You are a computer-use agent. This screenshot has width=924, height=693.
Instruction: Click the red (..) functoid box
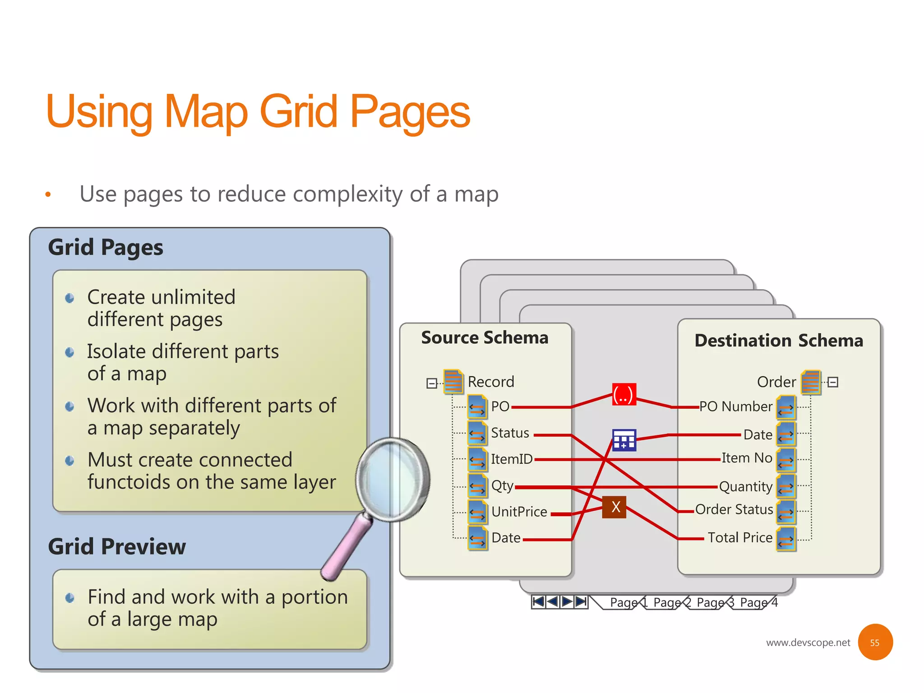[x=624, y=394]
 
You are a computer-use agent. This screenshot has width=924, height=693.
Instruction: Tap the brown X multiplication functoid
[x=614, y=507]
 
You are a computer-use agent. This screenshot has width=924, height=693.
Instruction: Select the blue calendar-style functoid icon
[x=624, y=440]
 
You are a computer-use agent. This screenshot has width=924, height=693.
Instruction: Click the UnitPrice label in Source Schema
[x=519, y=512]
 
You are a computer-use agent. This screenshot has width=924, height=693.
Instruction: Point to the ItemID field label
[x=511, y=459]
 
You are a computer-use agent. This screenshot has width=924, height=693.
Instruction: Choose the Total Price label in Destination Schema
[x=739, y=537]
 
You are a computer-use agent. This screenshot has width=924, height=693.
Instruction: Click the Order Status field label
[x=734, y=509]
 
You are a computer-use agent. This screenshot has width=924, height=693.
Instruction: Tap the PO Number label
[x=735, y=407]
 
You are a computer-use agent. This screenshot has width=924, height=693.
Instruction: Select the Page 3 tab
[x=715, y=603]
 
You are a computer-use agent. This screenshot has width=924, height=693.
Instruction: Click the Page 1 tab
[x=628, y=603]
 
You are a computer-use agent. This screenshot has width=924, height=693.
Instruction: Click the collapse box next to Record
[x=431, y=383]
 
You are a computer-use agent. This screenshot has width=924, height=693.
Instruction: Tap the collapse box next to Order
[x=833, y=382]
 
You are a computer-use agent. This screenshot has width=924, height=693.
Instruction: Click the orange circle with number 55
[x=875, y=642]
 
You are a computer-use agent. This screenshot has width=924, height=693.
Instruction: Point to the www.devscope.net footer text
[x=808, y=642]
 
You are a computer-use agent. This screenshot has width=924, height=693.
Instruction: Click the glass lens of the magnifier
[x=392, y=479]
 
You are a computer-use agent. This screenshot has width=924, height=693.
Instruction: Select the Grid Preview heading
[x=117, y=546]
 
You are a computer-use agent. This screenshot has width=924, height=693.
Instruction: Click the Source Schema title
[x=485, y=337]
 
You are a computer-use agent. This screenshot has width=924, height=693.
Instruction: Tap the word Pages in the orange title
[x=410, y=112]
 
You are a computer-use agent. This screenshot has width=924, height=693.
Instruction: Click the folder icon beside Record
[x=453, y=382]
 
